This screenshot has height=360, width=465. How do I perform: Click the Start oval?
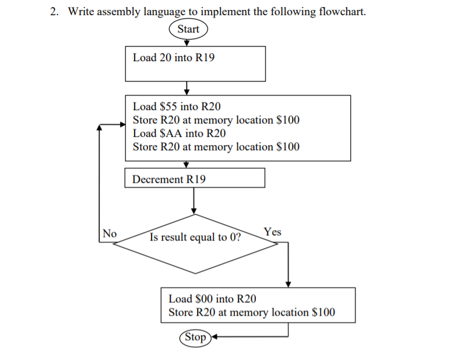pyautogui.click(x=188, y=29)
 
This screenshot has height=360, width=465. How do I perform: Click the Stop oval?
pyautogui.click(x=195, y=337)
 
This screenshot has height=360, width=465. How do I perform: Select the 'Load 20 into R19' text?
pyautogui.click(x=174, y=58)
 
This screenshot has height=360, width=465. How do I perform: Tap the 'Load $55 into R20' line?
pyautogui.click(x=177, y=107)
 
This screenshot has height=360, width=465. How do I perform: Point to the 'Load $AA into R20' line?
pyautogui.click(x=179, y=133)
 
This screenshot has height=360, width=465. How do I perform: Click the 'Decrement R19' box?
pyautogui.click(x=195, y=178)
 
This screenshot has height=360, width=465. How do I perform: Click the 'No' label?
pyautogui.click(x=110, y=233)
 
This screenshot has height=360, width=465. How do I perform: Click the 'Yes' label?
pyautogui.click(x=272, y=232)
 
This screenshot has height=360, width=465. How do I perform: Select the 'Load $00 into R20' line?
pyautogui.click(x=212, y=299)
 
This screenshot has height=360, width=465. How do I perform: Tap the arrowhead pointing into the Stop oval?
pyautogui.click(x=214, y=337)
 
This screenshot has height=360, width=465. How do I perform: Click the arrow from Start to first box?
pyautogui.click(x=187, y=42)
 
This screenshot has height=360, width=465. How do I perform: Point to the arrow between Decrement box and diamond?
pyautogui.click(x=195, y=201)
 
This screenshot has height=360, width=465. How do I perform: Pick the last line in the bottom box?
pyautogui.click(x=252, y=312)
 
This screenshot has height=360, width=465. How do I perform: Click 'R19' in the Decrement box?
pyautogui.click(x=196, y=179)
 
